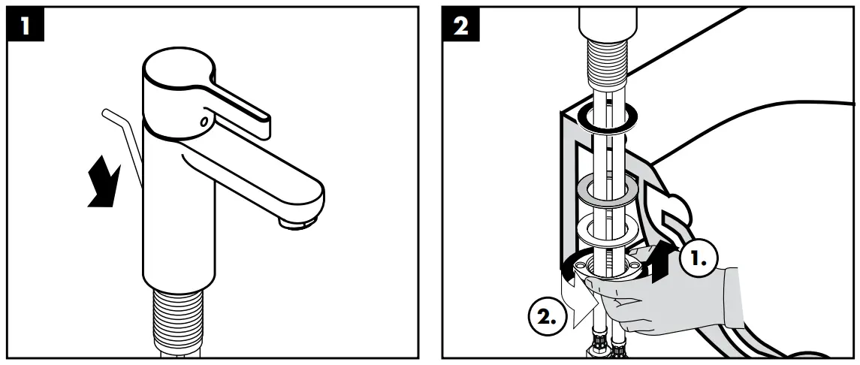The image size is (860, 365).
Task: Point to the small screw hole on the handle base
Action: coord(204,121)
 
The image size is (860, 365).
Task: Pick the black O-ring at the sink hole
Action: coord(608,116)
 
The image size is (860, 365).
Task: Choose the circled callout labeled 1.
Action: coord(698,258)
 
